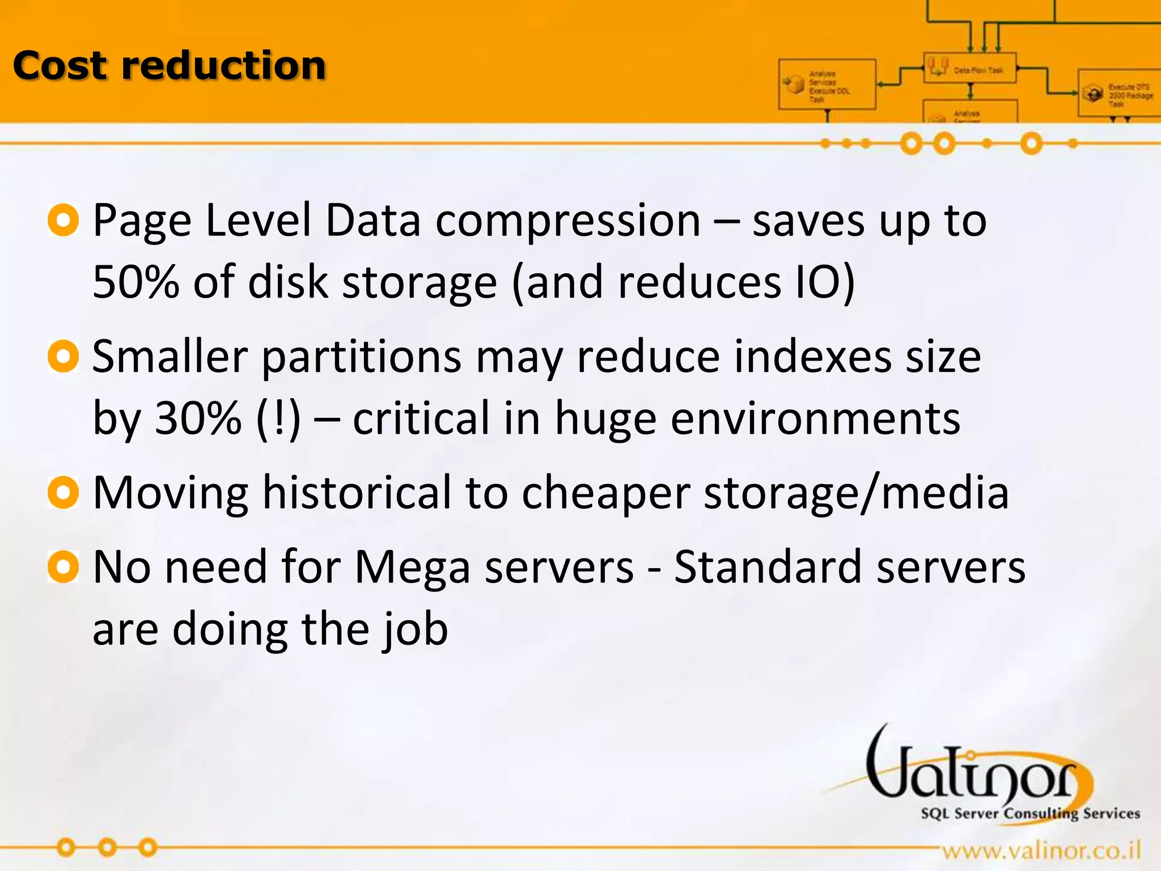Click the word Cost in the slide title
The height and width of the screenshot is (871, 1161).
coord(59,66)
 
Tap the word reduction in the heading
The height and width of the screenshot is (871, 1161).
coord(224,66)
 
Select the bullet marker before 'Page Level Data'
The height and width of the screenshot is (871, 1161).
coord(63,221)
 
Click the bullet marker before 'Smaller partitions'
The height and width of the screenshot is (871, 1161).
coord(63,357)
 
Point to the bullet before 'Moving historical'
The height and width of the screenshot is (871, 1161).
coord(63,493)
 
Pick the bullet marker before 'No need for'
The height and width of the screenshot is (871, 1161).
coord(63,567)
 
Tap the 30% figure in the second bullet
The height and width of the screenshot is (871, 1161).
coord(198,418)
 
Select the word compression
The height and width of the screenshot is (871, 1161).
coord(568,221)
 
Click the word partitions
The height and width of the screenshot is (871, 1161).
coord(362,357)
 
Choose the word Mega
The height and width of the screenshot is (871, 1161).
coord(412,567)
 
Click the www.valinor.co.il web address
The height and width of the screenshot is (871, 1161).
coord(1041,851)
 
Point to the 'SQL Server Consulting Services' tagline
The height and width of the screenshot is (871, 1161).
coord(1030,814)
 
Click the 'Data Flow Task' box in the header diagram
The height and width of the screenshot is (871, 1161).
coord(969,69)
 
